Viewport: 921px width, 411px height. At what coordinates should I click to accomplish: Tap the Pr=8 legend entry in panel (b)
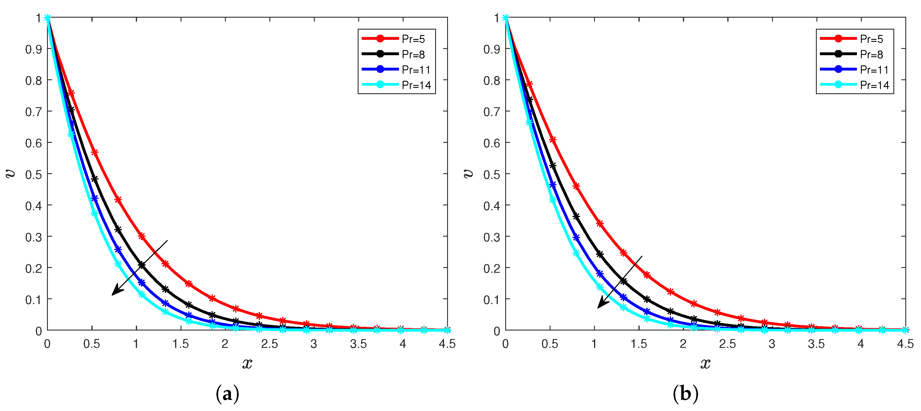[x=854, y=54]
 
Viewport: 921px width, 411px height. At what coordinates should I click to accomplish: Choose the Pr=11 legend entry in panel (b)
[x=854, y=70]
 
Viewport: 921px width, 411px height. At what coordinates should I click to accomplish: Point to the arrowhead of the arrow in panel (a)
[x=116, y=291]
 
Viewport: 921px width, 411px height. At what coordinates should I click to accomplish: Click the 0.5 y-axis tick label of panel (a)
[x=33, y=175]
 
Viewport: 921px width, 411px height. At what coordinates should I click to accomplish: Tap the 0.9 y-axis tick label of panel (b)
[x=491, y=49]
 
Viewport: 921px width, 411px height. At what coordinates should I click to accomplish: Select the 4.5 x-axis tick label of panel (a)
[x=447, y=344]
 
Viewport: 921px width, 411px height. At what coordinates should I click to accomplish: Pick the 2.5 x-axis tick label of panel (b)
[x=728, y=344]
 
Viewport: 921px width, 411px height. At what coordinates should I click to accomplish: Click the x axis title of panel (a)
[x=247, y=364]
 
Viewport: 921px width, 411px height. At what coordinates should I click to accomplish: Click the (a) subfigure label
[x=227, y=394]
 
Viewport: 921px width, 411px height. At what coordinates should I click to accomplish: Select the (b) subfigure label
[x=685, y=394]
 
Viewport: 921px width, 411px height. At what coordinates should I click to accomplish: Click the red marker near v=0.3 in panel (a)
[x=142, y=236]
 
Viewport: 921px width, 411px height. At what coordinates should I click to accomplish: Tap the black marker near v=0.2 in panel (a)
[x=142, y=265]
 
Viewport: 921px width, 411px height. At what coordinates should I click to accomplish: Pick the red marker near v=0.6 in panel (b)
[x=553, y=140]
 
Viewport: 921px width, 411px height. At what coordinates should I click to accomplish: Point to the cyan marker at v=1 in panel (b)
[x=505, y=18]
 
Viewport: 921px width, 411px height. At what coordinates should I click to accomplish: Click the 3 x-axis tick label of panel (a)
[x=314, y=344]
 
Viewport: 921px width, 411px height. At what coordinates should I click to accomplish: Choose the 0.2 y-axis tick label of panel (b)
[x=491, y=268]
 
